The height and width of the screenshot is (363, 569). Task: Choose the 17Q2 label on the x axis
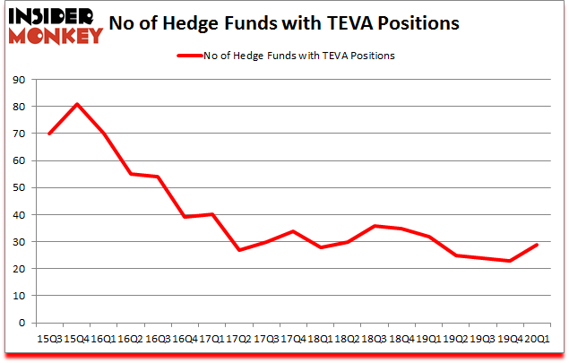click(x=238, y=340)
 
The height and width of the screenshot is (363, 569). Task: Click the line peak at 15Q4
click(x=77, y=104)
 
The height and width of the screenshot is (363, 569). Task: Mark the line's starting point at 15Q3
click(x=49, y=134)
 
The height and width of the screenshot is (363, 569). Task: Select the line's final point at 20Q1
click(x=537, y=245)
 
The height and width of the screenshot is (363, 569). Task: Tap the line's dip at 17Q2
click(x=239, y=250)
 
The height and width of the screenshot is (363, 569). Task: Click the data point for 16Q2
click(x=131, y=174)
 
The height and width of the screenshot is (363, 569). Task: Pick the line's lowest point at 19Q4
click(x=510, y=261)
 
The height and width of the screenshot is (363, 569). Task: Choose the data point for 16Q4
click(x=185, y=217)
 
